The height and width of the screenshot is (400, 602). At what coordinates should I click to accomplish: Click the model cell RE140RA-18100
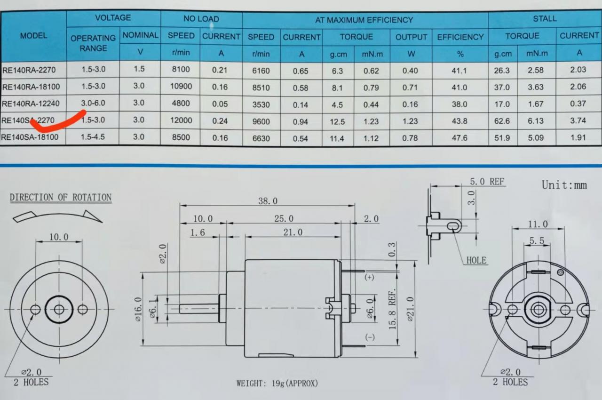click(31, 87)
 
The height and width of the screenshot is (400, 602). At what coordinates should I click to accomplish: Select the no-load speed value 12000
click(181, 120)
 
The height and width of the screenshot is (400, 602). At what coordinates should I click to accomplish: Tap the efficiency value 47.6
click(459, 138)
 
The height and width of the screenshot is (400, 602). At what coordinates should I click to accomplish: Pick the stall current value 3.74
click(578, 120)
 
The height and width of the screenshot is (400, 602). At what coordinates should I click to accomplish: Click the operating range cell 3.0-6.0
click(93, 103)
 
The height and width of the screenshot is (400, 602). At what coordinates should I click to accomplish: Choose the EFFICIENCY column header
click(460, 37)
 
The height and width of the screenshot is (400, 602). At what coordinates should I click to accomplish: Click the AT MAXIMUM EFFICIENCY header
click(364, 20)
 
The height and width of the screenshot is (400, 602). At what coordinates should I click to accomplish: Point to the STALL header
click(545, 18)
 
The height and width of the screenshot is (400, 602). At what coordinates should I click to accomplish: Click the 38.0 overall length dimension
click(268, 201)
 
